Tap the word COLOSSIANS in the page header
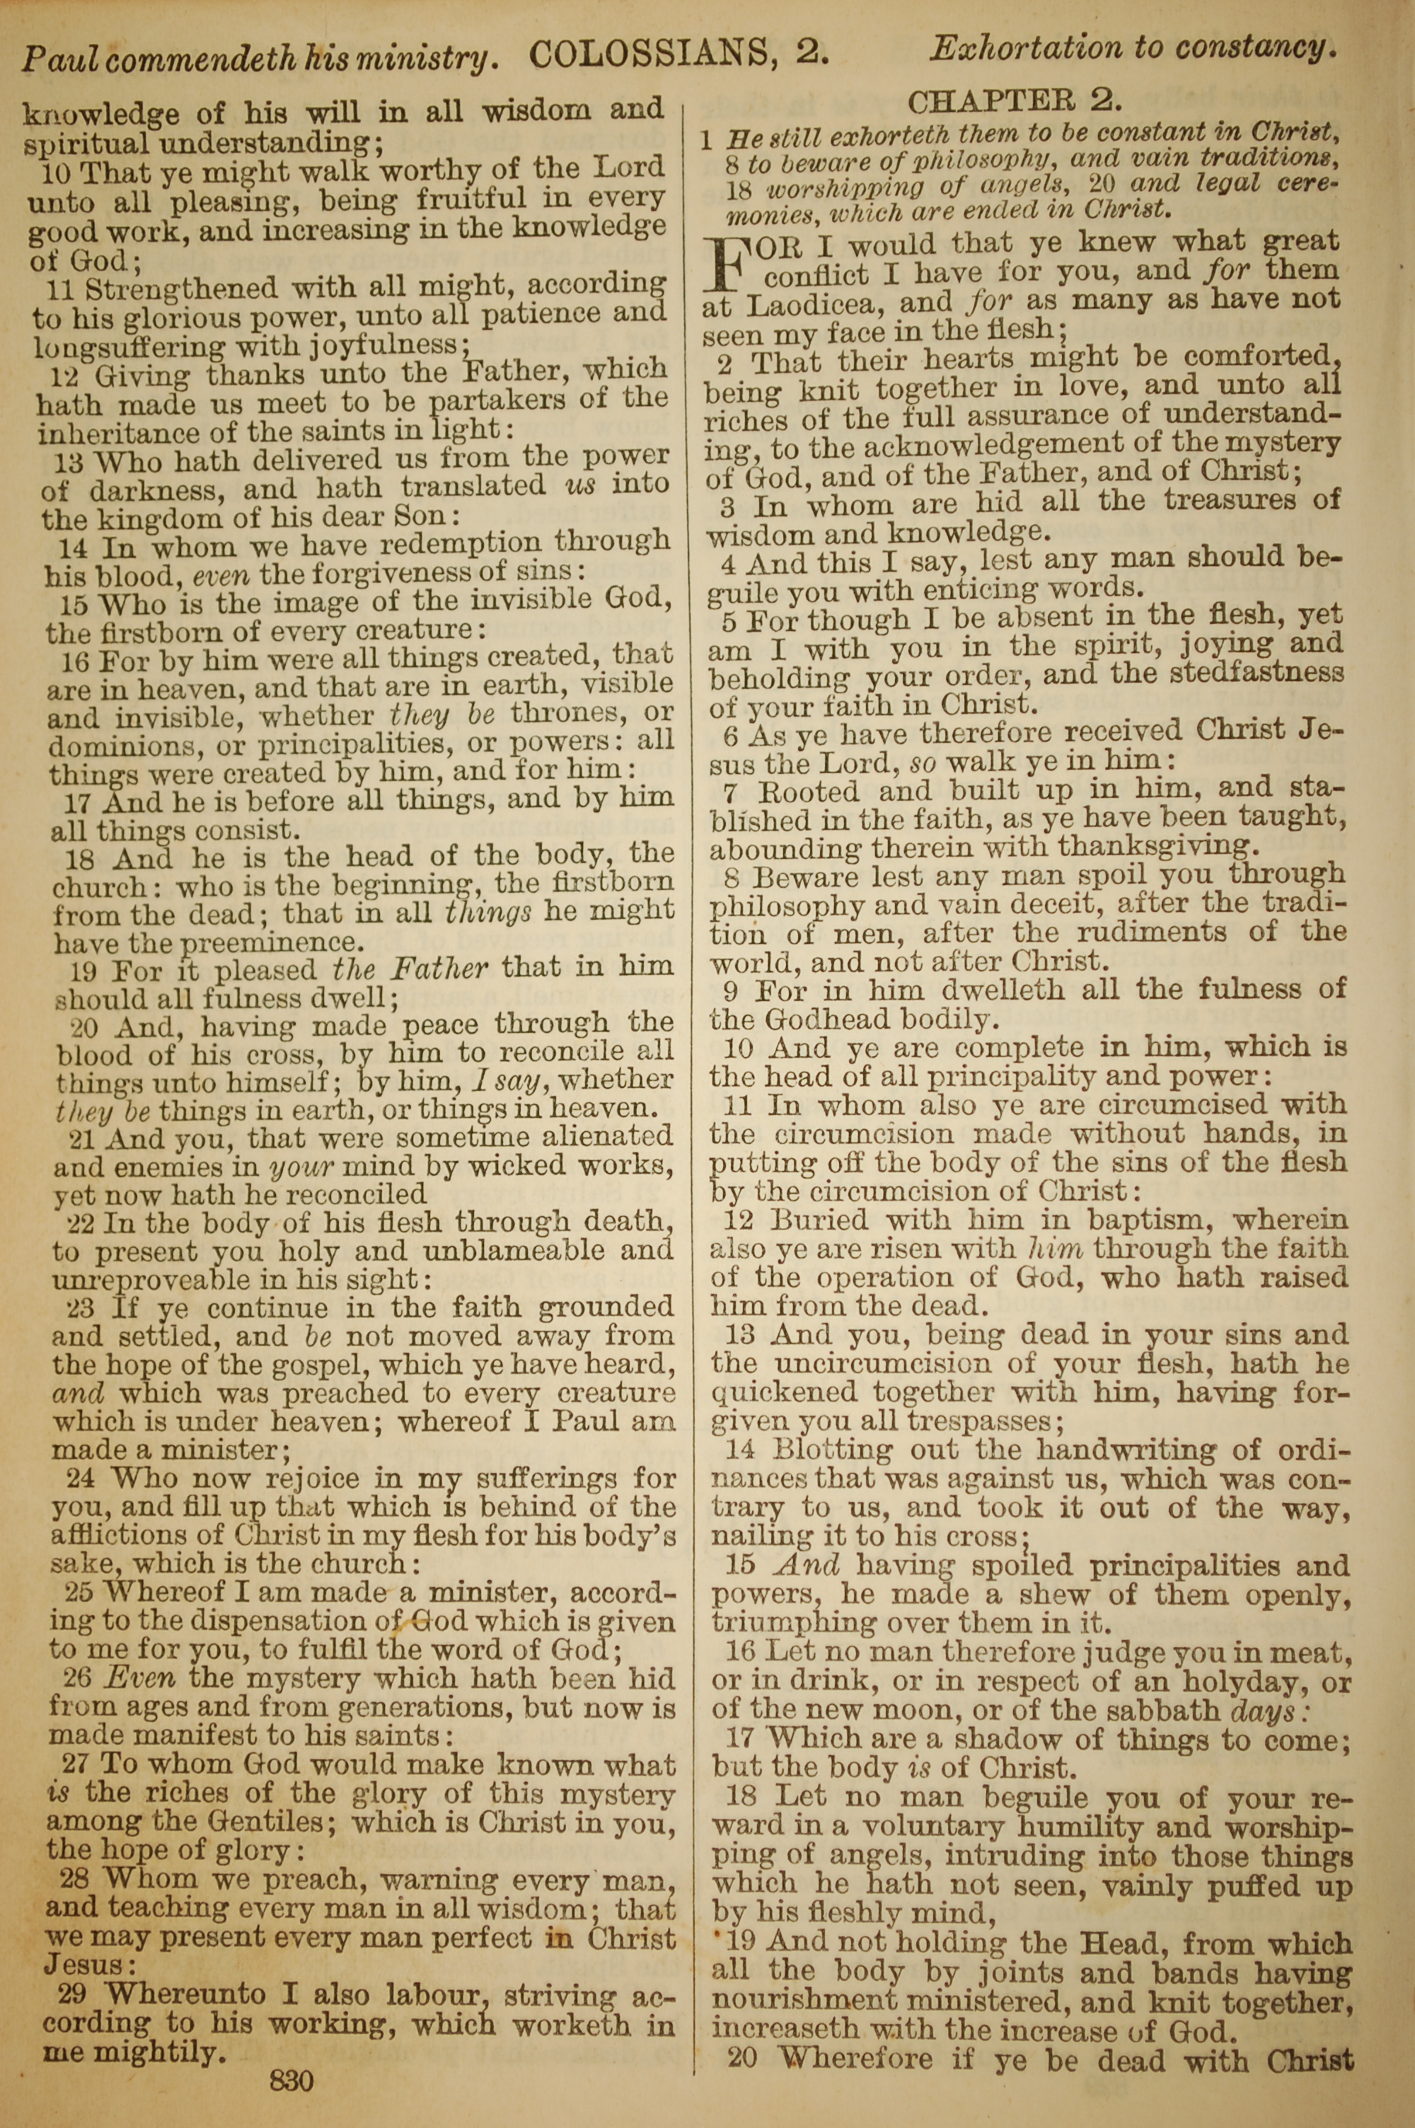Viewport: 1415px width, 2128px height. [648, 56]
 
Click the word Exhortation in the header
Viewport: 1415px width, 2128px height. [1026, 49]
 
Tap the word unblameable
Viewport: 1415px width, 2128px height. [487, 1251]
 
